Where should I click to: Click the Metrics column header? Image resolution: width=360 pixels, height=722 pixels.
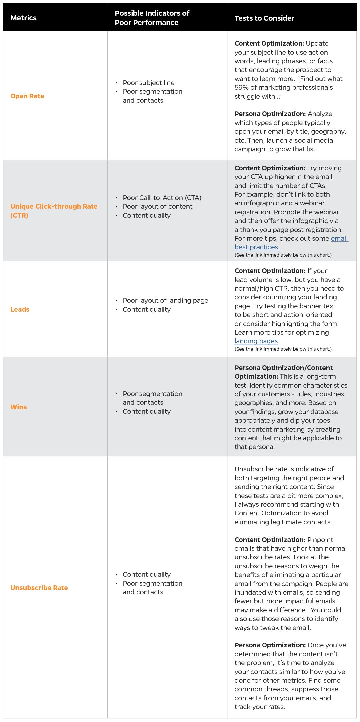(x=23, y=18)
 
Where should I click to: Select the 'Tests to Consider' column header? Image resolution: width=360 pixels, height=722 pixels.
(x=264, y=18)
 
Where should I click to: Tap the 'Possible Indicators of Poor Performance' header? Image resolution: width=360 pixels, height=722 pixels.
(x=152, y=18)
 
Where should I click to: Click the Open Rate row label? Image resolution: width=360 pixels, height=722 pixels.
(x=27, y=96)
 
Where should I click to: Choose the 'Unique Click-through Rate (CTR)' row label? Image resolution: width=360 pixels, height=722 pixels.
(x=54, y=211)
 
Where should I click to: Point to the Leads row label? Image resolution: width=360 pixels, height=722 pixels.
(x=20, y=309)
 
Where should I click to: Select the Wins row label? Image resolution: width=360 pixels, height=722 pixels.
(x=18, y=407)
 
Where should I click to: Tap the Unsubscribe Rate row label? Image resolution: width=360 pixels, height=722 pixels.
(x=39, y=588)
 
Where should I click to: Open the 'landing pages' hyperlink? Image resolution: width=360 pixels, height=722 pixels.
(x=256, y=341)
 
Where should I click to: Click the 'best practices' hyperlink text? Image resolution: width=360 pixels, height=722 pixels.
(x=256, y=247)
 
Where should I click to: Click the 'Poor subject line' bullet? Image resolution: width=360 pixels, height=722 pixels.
(x=148, y=83)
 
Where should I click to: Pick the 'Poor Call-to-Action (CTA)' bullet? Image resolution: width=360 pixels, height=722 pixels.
(x=162, y=198)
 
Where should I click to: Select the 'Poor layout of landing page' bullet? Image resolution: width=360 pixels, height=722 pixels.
(x=165, y=300)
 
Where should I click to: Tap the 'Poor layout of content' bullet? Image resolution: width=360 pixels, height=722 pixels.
(x=157, y=206)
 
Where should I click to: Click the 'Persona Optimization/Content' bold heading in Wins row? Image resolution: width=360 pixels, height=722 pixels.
(x=283, y=368)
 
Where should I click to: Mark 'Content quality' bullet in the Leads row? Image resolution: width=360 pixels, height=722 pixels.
(x=146, y=309)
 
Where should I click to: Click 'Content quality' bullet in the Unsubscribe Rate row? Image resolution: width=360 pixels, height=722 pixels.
(x=146, y=574)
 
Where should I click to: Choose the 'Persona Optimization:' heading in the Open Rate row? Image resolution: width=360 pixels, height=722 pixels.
(x=270, y=114)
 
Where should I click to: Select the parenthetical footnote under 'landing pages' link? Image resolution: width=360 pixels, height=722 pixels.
(x=283, y=349)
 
